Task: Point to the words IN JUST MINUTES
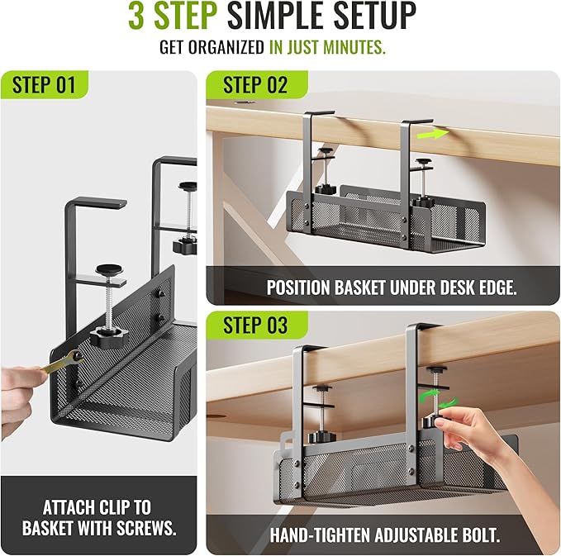coord(327,47)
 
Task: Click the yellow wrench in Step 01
coord(58,363)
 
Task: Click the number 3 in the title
coord(136,16)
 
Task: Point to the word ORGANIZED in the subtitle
coord(225,47)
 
